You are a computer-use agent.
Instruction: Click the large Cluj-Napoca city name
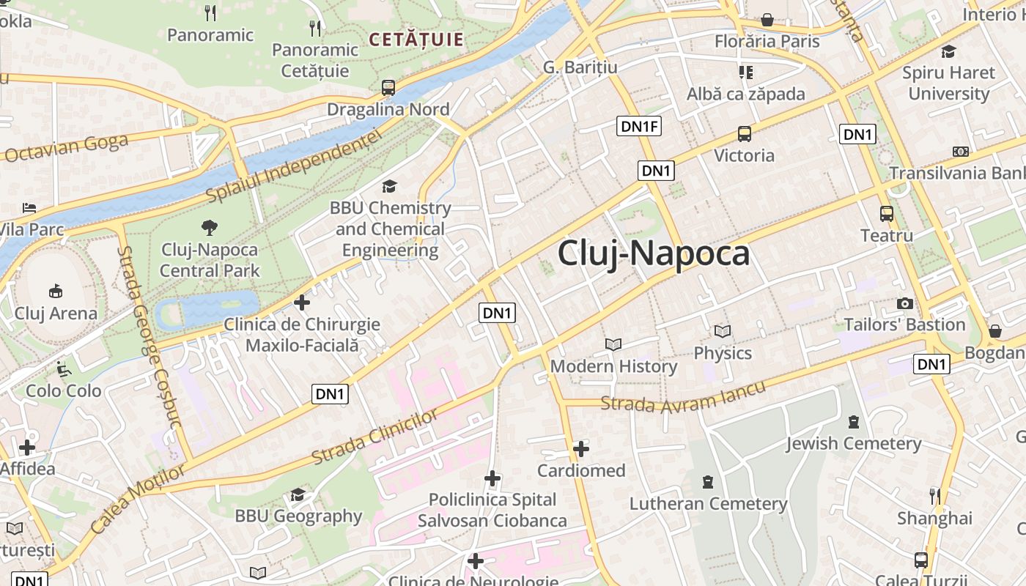[x=654, y=253]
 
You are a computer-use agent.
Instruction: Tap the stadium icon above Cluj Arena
[x=55, y=292]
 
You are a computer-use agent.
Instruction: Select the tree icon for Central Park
[x=210, y=227]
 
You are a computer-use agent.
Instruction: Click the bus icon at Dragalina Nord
[x=388, y=88]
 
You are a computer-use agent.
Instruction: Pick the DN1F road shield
[x=640, y=127]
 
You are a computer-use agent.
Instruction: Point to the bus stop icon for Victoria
[x=744, y=134]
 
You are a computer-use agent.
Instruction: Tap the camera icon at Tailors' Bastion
[x=905, y=303]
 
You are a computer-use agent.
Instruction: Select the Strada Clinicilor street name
[x=375, y=437]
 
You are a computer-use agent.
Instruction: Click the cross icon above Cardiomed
[x=581, y=448]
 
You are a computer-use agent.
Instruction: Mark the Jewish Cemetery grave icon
[x=854, y=422]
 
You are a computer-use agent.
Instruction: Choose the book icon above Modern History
[x=613, y=344]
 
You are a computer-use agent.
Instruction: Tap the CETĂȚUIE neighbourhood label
[x=416, y=40]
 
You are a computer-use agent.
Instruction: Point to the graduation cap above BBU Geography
[x=298, y=495]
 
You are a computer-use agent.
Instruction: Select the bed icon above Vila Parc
[x=29, y=208]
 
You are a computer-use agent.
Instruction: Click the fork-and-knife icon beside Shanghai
[x=934, y=496]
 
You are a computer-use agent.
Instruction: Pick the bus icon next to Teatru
[x=887, y=214]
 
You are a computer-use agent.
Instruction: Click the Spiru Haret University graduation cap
[x=948, y=51]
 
